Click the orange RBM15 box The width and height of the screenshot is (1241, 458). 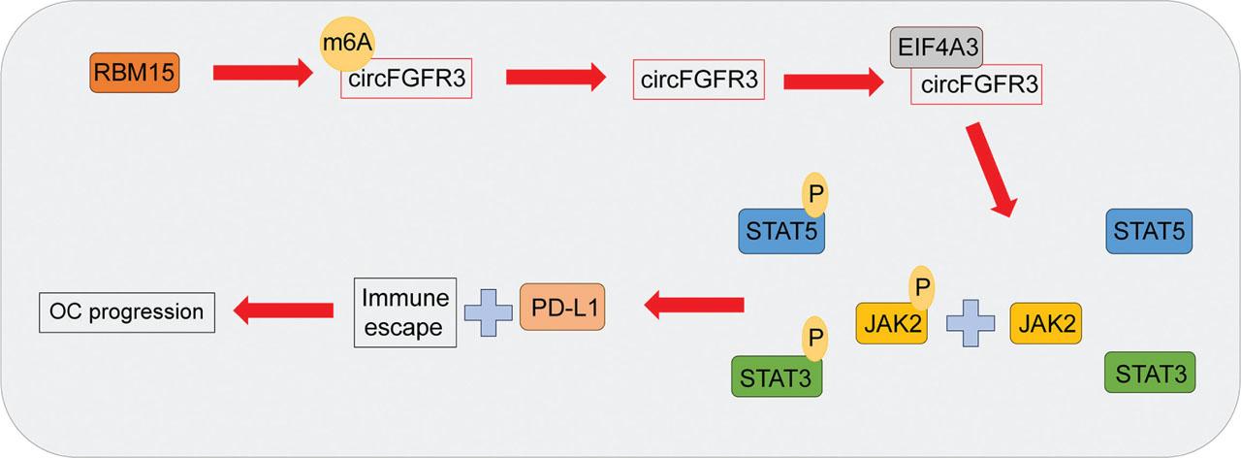(x=135, y=73)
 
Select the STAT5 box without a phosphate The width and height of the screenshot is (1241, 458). (x=1149, y=232)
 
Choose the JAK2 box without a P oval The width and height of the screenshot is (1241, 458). (x=1045, y=322)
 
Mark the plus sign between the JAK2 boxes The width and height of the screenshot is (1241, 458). (x=970, y=322)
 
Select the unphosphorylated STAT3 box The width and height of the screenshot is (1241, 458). (x=1149, y=374)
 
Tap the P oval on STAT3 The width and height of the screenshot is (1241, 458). (x=813, y=340)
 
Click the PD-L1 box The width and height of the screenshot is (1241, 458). (x=567, y=306)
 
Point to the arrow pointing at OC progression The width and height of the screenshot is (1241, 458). (x=277, y=311)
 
